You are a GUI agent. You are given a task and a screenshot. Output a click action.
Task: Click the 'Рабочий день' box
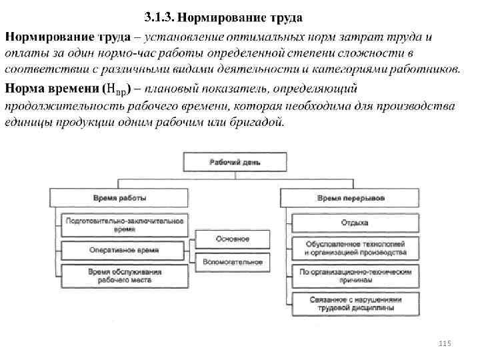point(235,162)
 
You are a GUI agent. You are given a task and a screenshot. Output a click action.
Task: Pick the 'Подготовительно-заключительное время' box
point(123,224)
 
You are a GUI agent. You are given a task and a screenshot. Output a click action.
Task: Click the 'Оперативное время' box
point(123,250)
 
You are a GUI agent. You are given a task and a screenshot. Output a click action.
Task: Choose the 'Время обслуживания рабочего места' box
point(123,276)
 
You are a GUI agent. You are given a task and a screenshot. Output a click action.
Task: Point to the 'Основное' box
point(233,239)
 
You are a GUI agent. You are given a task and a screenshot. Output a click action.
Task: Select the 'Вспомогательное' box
point(233,263)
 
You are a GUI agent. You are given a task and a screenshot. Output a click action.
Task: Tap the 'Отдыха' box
point(355,223)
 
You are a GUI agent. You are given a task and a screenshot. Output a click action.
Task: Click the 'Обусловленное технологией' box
point(355,248)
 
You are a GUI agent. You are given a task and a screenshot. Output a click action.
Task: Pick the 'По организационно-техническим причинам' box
point(355,276)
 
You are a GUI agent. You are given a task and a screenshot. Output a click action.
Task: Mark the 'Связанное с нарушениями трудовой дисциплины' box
point(355,303)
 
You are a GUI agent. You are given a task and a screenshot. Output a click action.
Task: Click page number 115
point(446,343)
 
